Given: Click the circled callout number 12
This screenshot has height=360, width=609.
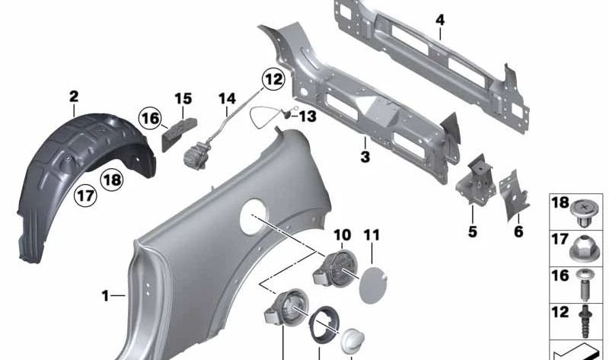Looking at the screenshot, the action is [273, 79].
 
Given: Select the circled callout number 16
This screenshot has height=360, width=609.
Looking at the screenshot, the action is [151, 118].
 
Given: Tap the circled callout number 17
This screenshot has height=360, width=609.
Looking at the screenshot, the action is [85, 195].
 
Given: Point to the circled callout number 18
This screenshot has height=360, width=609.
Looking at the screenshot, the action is [112, 180].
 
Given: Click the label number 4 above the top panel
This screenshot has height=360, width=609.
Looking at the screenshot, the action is [440, 20].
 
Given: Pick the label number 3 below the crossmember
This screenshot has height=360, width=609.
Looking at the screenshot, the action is [365, 157].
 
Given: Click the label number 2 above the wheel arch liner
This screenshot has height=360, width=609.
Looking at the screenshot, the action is [74, 97].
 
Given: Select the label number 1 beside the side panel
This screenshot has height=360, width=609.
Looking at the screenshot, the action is [105, 296].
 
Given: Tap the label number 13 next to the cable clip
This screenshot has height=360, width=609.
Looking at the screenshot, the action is [308, 116].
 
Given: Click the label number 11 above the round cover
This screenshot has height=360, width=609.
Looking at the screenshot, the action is [371, 235].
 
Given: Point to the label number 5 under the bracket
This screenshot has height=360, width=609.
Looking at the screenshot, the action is [472, 231].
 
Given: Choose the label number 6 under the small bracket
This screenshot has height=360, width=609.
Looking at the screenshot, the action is [518, 231].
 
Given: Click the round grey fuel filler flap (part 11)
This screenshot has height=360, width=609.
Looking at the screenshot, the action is [373, 285].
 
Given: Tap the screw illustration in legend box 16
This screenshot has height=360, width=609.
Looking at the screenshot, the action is [584, 285].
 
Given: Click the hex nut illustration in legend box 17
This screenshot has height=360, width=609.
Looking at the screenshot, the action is [583, 248].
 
